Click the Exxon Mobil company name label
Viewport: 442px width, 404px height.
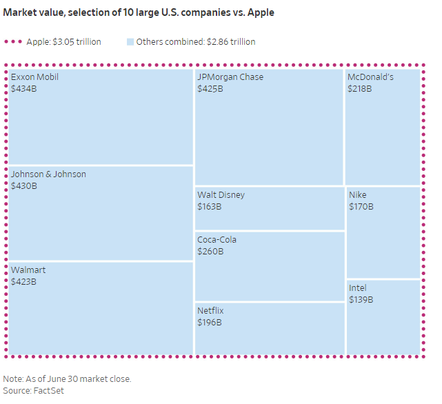(x=34, y=77)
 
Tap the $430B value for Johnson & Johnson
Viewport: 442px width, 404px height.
(x=23, y=186)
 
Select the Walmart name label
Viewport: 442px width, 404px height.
(x=28, y=270)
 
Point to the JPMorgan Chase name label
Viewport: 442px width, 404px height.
(x=230, y=77)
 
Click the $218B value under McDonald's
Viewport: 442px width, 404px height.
(x=359, y=88)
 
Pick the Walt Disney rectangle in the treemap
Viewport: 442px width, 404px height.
(x=270, y=208)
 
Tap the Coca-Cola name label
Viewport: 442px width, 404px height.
(x=217, y=240)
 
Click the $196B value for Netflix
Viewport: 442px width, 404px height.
(x=210, y=323)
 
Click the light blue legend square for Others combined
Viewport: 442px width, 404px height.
(x=130, y=42)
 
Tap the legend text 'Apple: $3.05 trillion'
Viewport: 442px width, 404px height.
(x=63, y=42)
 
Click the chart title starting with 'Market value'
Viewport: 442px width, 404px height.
(x=139, y=13)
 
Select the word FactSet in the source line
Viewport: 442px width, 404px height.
(x=48, y=391)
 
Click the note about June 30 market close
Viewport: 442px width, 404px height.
(x=67, y=379)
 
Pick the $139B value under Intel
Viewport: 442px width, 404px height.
(x=361, y=299)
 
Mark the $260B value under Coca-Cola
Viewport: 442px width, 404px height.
(x=210, y=252)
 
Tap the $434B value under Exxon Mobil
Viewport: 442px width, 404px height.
(x=23, y=89)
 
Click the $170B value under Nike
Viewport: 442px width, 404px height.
(x=361, y=206)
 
